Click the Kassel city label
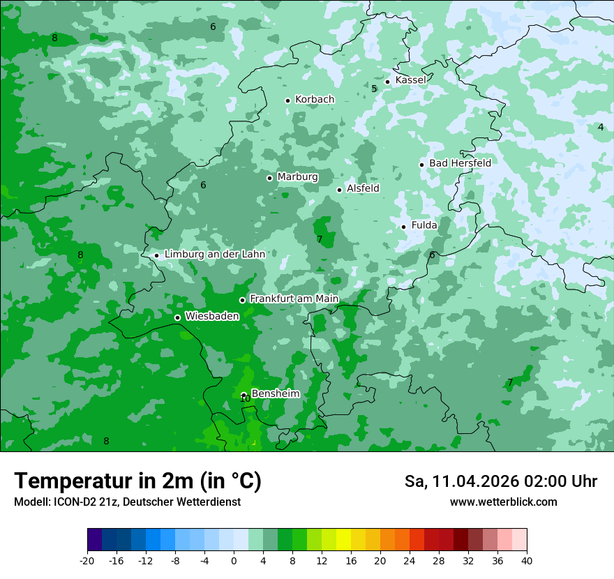[410, 80]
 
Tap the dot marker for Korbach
[287, 100]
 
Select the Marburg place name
[297, 177]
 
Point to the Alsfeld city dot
[339, 190]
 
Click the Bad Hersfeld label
[460, 163]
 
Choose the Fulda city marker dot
[403, 227]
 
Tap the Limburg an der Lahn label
[215, 255]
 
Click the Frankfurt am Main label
[294, 299]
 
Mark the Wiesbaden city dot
[177, 317]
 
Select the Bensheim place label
[275, 393]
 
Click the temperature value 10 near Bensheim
[244, 398]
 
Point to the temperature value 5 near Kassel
[374, 89]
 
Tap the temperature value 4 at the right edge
[600, 127]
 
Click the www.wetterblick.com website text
[503, 502]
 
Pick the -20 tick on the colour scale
[87, 560]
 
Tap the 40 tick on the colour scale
[527, 560]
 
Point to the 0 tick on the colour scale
[234, 560]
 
